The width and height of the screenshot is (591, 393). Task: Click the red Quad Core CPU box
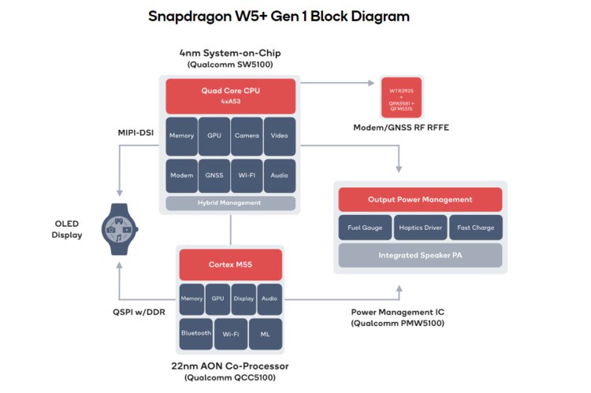click(x=231, y=96)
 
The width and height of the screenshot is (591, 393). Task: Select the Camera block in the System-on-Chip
click(x=247, y=136)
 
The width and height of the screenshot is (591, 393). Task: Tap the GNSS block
click(x=214, y=176)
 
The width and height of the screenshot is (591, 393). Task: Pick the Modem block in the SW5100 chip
click(x=181, y=176)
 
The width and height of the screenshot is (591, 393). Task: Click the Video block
click(x=280, y=136)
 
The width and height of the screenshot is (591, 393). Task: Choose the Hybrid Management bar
click(x=231, y=203)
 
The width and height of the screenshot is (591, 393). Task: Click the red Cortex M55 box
click(x=231, y=265)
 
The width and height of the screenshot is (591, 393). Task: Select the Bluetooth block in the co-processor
click(x=195, y=333)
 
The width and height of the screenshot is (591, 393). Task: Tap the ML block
click(x=265, y=333)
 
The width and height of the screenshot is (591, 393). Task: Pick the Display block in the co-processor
click(x=243, y=298)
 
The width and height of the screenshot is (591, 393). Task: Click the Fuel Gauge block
click(x=365, y=228)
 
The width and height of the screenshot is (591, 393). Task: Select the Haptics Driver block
click(x=420, y=228)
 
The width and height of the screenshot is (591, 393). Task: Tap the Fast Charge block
click(x=475, y=228)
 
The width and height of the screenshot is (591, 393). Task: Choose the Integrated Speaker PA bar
click(x=420, y=255)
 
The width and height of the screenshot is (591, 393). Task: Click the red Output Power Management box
click(x=420, y=199)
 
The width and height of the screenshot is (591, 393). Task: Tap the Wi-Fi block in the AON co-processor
click(x=230, y=333)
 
